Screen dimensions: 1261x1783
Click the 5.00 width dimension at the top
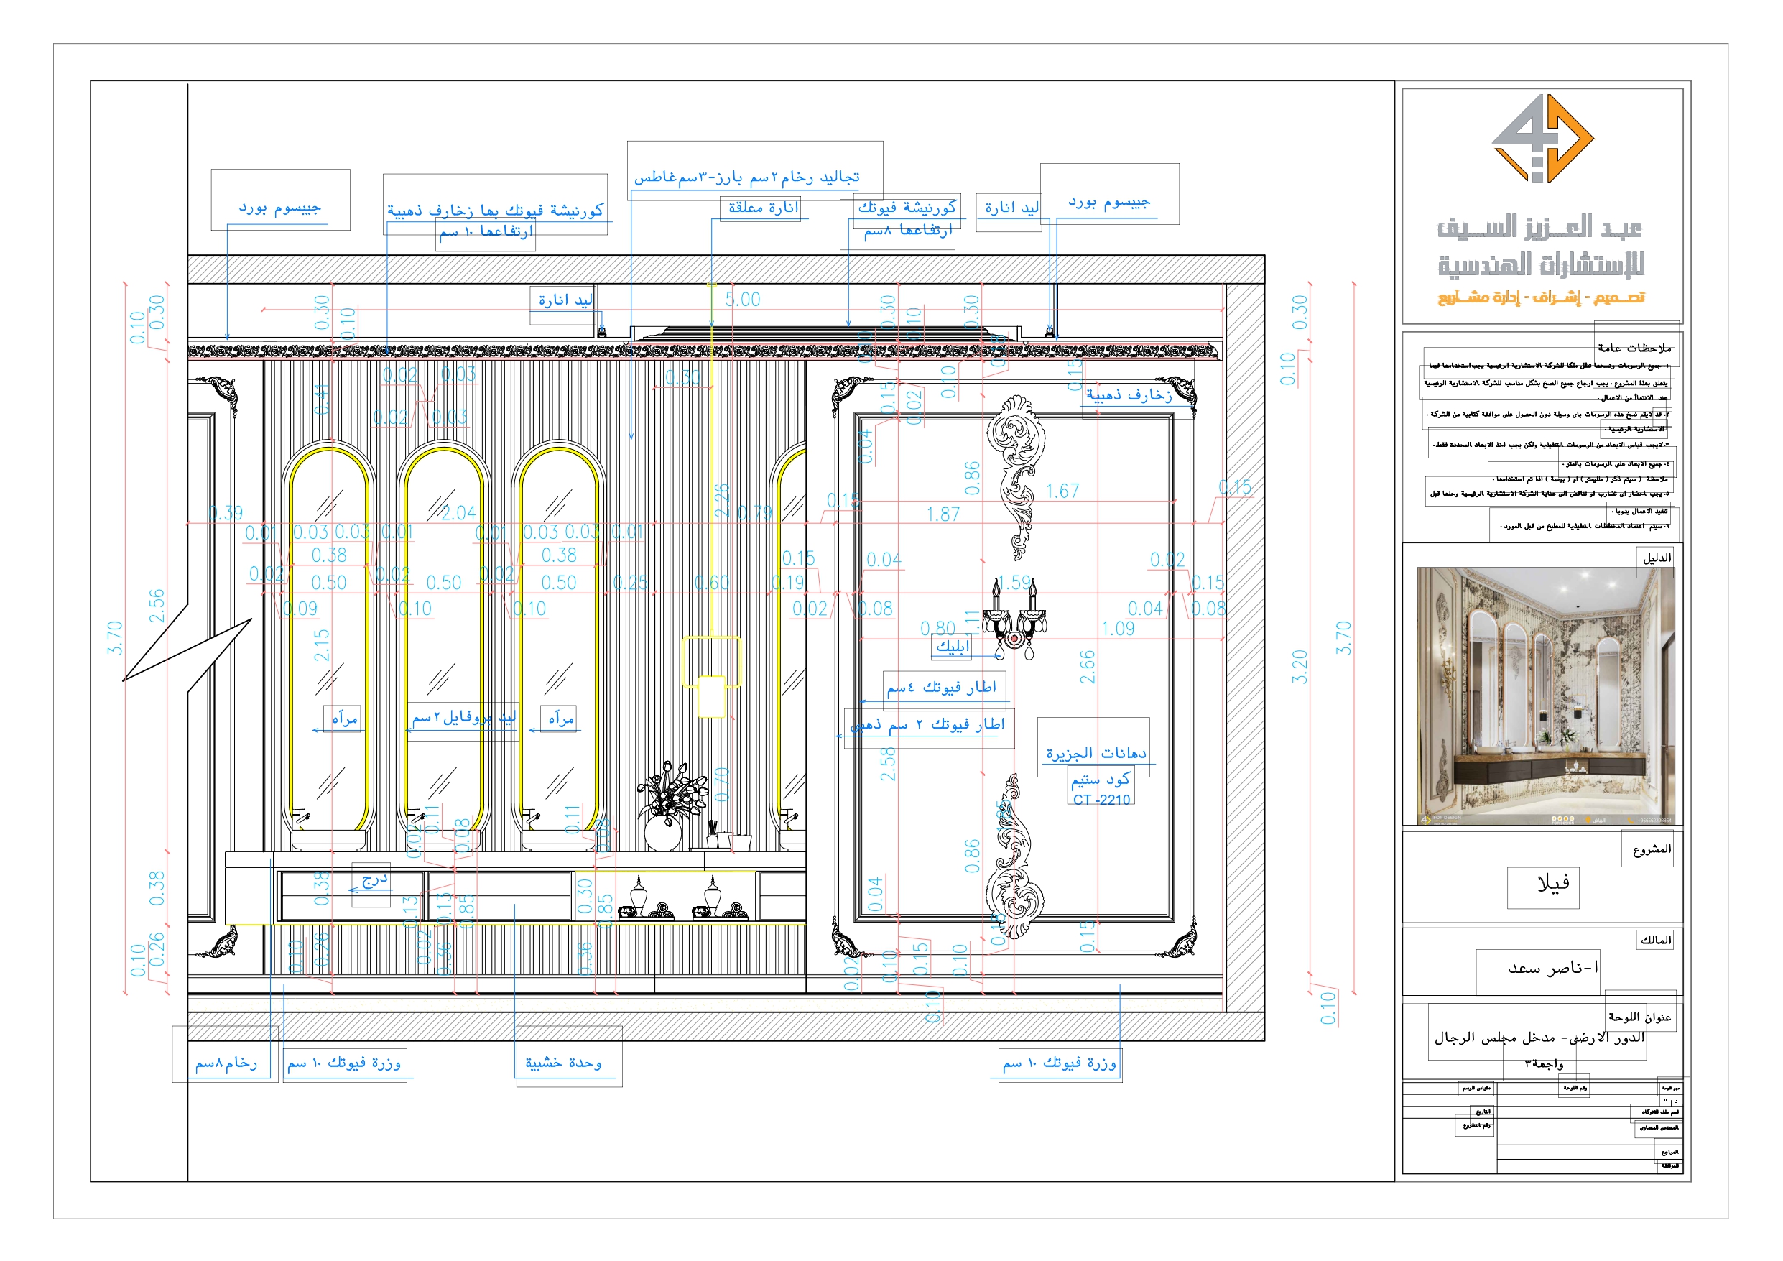pos(742,300)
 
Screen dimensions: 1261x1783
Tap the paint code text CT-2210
pos(1101,800)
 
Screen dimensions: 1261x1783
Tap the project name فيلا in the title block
pos(1553,883)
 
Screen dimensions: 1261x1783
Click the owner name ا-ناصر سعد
pos(1553,968)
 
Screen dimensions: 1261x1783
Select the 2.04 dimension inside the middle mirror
pos(458,514)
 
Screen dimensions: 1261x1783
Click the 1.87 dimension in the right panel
pos(943,515)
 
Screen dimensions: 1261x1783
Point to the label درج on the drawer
pos(374,879)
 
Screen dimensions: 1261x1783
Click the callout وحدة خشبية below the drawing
pos(563,1063)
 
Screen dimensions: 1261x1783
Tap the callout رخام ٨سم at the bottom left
pos(225,1063)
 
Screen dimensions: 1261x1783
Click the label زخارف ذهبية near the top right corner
pos(1129,395)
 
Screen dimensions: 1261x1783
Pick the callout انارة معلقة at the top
pos(763,208)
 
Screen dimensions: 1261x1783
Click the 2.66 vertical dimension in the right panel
pos(1087,667)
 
